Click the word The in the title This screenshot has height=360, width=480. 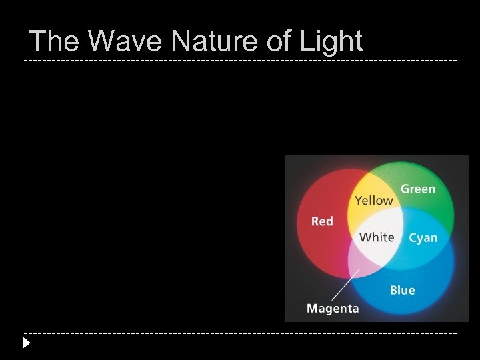click(x=55, y=41)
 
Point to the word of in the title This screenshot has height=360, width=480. click(x=269, y=41)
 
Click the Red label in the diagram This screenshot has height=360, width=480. click(x=322, y=221)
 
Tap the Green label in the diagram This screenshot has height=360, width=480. click(x=417, y=189)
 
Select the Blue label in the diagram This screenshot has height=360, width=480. click(x=402, y=290)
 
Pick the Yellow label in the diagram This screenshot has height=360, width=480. click(x=373, y=200)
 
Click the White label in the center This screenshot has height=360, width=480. click(x=377, y=237)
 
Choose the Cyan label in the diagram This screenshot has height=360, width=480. click(x=423, y=238)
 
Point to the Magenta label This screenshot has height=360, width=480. click(x=333, y=309)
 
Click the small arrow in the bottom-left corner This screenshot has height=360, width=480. click(x=26, y=343)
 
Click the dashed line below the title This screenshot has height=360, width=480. click(x=240, y=61)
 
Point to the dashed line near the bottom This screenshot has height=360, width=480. click(x=240, y=333)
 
